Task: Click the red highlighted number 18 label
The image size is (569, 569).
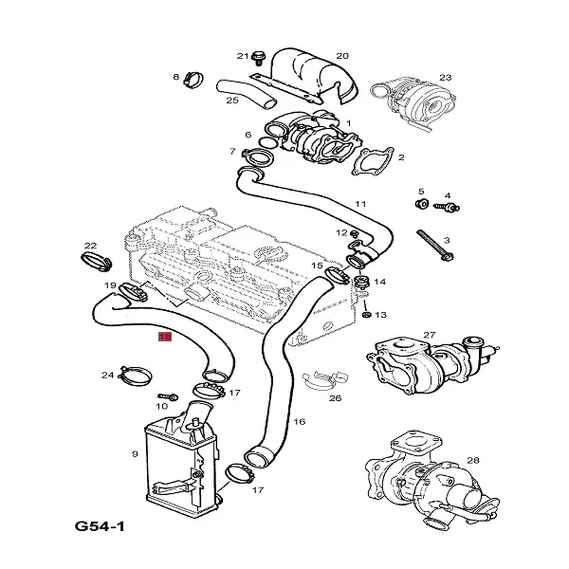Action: click(165, 337)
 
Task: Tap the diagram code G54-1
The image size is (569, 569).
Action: click(100, 525)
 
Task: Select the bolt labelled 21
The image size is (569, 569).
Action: click(258, 58)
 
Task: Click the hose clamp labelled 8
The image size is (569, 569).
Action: click(193, 80)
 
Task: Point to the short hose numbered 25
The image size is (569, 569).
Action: click(246, 93)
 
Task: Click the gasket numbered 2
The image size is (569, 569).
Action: click(372, 162)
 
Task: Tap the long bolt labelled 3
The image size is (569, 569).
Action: click(435, 245)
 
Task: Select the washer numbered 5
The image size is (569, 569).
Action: click(422, 204)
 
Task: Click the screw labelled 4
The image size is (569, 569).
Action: click(447, 208)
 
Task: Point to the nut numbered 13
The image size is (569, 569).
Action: click(366, 314)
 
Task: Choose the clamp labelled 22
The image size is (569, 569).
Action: click(96, 262)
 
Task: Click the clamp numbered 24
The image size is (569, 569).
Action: click(135, 376)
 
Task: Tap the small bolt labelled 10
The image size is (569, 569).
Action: click(168, 395)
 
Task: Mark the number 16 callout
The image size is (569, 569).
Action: click(300, 422)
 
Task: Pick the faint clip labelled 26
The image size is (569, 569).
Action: click(326, 380)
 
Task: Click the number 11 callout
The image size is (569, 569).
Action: click(360, 204)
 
